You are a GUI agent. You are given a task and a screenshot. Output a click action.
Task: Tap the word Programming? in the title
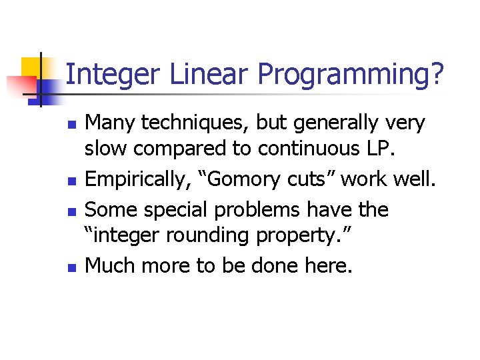(351, 75)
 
